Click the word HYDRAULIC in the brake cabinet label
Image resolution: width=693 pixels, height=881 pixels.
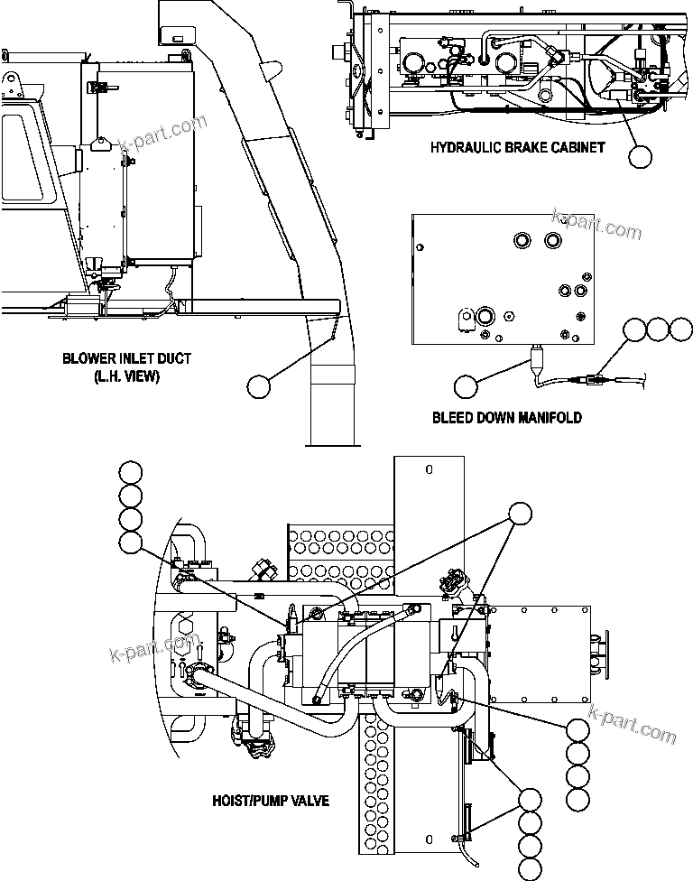pos(463,147)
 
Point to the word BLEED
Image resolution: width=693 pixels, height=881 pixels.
pos(453,418)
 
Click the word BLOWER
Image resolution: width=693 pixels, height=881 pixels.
pos(88,359)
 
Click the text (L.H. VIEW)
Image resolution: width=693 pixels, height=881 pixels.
pos(126,376)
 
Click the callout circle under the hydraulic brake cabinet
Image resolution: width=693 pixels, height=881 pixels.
pos(640,156)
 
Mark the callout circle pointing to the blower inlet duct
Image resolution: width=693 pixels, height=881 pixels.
pos(259,386)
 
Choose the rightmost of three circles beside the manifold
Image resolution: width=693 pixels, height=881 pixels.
pos(681,329)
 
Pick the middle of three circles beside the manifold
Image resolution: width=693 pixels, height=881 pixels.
pos(659,329)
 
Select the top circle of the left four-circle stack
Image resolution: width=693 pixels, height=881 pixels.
pos(131,472)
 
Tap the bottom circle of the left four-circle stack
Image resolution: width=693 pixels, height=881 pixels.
pos(131,542)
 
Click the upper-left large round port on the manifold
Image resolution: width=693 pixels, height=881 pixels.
pos(522,240)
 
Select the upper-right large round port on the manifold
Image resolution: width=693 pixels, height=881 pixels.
pos(553,240)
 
